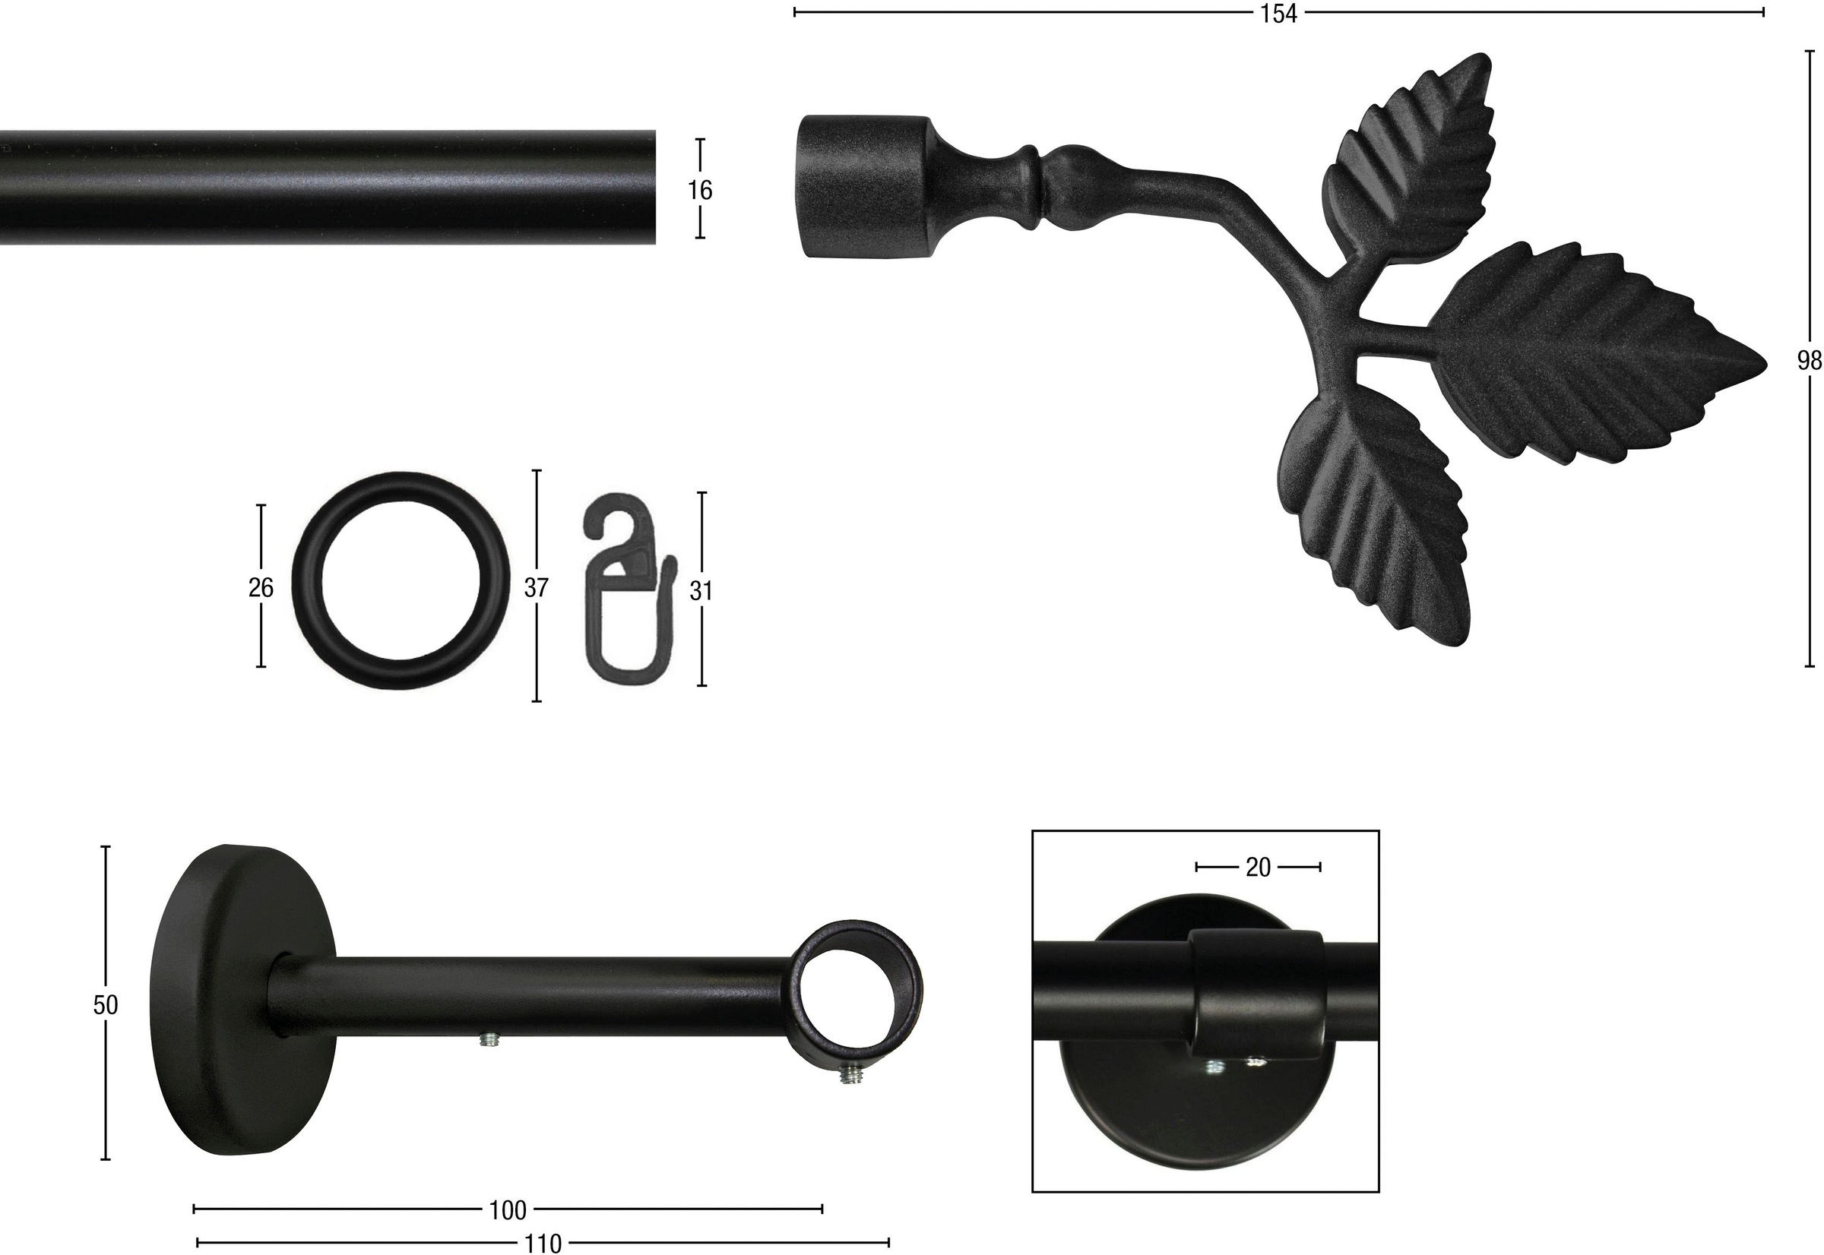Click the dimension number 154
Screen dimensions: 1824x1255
coord(1279,14)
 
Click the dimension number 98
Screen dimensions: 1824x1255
coord(1809,361)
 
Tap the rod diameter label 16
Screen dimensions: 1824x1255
coord(699,189)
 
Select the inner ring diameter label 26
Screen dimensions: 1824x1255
coord(261,587)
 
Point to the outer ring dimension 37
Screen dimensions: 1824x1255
coord(537,587)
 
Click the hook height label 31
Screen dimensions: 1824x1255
coord(701,590)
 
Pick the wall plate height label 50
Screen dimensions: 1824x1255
coord(106,1005)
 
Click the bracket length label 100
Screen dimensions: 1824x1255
coord(508,1210)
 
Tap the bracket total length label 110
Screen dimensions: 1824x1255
coord(543,1243)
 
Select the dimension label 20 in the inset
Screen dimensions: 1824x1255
coord(1259,867)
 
